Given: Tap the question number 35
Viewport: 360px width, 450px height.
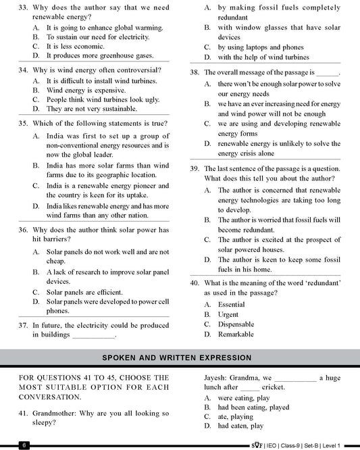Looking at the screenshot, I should [x=24, y=123].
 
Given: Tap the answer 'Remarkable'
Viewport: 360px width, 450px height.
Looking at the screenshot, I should [x=236, y=334].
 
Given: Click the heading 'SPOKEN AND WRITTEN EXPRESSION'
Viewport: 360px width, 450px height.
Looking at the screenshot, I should [x=180, y=355].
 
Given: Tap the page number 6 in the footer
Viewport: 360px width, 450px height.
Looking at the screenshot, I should [x=24, y=445].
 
